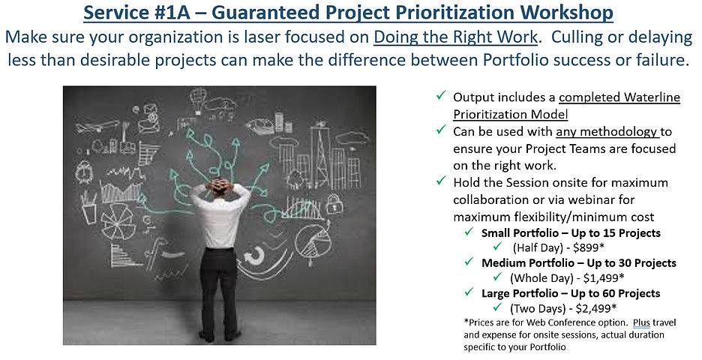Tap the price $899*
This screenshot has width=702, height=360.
[x=589, y=247]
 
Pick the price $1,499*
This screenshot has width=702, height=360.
[x=604, y=278]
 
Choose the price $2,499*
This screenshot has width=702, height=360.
[x=596, y=308]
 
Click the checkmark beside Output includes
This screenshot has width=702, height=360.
[x=441, y=95]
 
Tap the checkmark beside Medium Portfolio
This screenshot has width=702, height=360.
[x=469, y=262]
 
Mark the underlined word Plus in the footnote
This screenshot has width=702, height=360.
[x=641, y=322]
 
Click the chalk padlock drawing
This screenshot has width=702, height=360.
[x=334, y=204]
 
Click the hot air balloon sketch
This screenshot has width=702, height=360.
[x=198, y=100]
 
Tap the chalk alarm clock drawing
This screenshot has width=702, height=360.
[x=84, y=171]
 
